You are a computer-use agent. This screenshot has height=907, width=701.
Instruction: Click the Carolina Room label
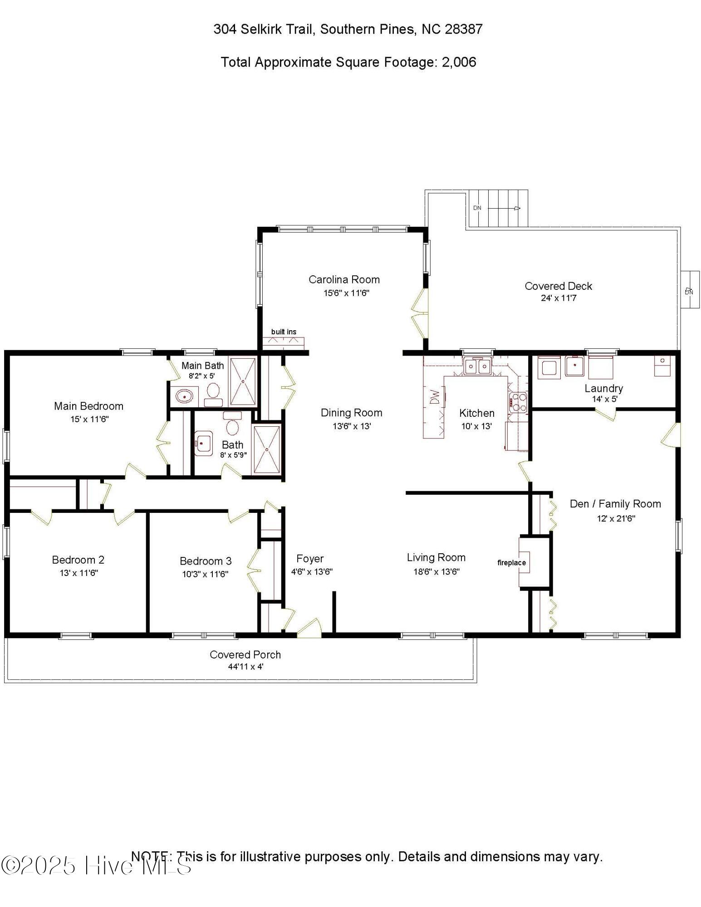[344, 279]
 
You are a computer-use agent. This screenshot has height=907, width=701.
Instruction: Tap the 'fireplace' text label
[511, 563]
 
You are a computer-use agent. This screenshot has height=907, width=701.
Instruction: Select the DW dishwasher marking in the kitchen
[435, 397]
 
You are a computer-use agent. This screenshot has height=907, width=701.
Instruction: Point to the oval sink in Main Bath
[184, 396]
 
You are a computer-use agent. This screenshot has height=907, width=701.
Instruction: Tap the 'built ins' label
[284, 332]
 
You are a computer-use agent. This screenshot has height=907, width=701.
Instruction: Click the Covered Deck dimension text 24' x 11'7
[559, 298]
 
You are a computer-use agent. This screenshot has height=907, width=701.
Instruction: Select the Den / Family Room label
[615, 504]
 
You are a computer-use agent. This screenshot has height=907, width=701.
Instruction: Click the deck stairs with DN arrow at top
[497, 209]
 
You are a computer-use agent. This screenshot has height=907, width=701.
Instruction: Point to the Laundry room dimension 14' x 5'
[604, 399]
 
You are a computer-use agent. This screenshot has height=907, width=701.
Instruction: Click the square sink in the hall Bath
[203, 443]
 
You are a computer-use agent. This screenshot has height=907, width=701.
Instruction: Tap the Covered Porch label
[245, 655]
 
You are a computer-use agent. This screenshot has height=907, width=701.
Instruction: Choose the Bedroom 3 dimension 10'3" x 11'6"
[205, 574]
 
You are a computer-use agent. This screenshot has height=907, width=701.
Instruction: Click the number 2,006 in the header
[459, 62]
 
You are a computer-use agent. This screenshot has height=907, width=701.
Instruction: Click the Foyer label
[310, 559]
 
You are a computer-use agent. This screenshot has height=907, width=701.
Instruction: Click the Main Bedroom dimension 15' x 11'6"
[89, 419]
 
